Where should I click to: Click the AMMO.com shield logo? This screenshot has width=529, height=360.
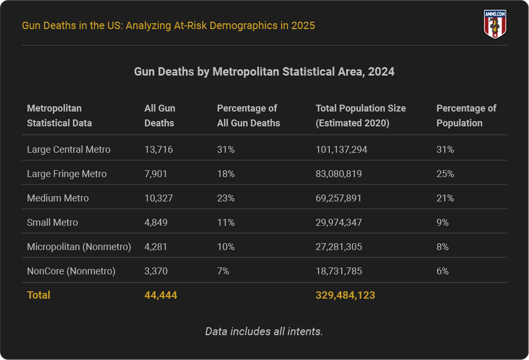[495, 24]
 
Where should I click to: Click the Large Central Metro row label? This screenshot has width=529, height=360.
[69, 150]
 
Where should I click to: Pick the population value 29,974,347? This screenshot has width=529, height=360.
[339, 223]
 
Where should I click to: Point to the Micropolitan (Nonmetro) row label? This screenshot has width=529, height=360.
[79, 247]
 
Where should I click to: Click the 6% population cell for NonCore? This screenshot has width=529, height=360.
[442, 271]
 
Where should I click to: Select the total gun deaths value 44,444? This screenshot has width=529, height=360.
[161, 295]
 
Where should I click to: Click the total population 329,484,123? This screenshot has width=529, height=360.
[345, 295]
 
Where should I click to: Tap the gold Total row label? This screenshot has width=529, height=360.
[39, 295]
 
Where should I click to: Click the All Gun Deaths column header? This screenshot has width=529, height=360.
[160, 115]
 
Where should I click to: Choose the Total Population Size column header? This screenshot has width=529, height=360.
[360, 115]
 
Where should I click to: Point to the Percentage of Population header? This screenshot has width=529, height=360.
[466, 115]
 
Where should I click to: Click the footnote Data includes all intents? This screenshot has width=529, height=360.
[264, 331]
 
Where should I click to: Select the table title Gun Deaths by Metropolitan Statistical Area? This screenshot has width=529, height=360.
[264, 71]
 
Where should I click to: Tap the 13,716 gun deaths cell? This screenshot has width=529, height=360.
[159, 150]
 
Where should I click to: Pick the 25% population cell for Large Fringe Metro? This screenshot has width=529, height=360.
[445, 174]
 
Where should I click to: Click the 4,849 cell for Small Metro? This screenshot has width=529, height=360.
[156, 223]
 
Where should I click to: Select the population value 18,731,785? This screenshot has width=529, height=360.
[339, 271]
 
